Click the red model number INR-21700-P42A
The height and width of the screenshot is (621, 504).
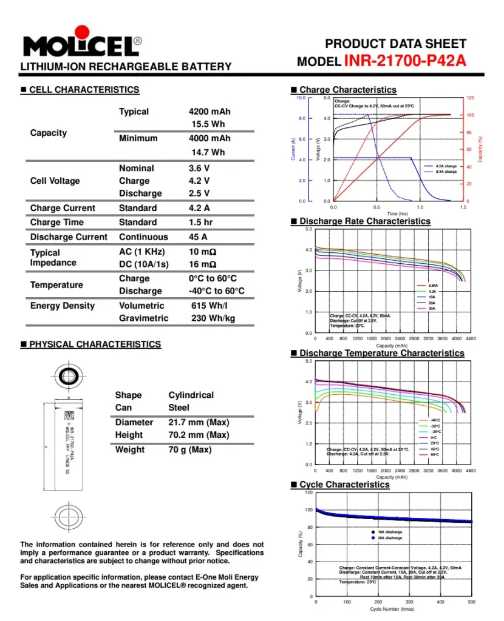tap(405, 61)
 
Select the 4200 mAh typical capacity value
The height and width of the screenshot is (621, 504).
tap(209, 112)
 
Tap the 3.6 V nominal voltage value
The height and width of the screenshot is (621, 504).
tap(199, 168)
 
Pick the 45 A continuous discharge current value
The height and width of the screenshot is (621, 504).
tap(198, 237)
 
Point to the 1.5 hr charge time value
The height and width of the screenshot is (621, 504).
tap(200, 222)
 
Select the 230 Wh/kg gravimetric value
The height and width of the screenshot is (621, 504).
tap(213, 318)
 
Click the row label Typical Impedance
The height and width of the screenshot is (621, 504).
tap(53, 257)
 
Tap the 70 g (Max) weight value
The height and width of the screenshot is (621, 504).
tap(190, 449)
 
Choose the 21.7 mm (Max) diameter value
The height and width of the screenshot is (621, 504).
tap(199, 422)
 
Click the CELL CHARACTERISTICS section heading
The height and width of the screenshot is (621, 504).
tap(84, 90)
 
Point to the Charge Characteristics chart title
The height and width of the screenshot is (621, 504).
tap(347, 90)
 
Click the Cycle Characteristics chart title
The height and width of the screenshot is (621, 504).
tap(344, 485)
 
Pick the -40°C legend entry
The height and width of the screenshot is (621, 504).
tap(434, 420)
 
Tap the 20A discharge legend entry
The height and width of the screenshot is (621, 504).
tap(389, 538)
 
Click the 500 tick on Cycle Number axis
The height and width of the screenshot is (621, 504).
tap(472, 602)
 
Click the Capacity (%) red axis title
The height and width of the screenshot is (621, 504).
tap(480, 149)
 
